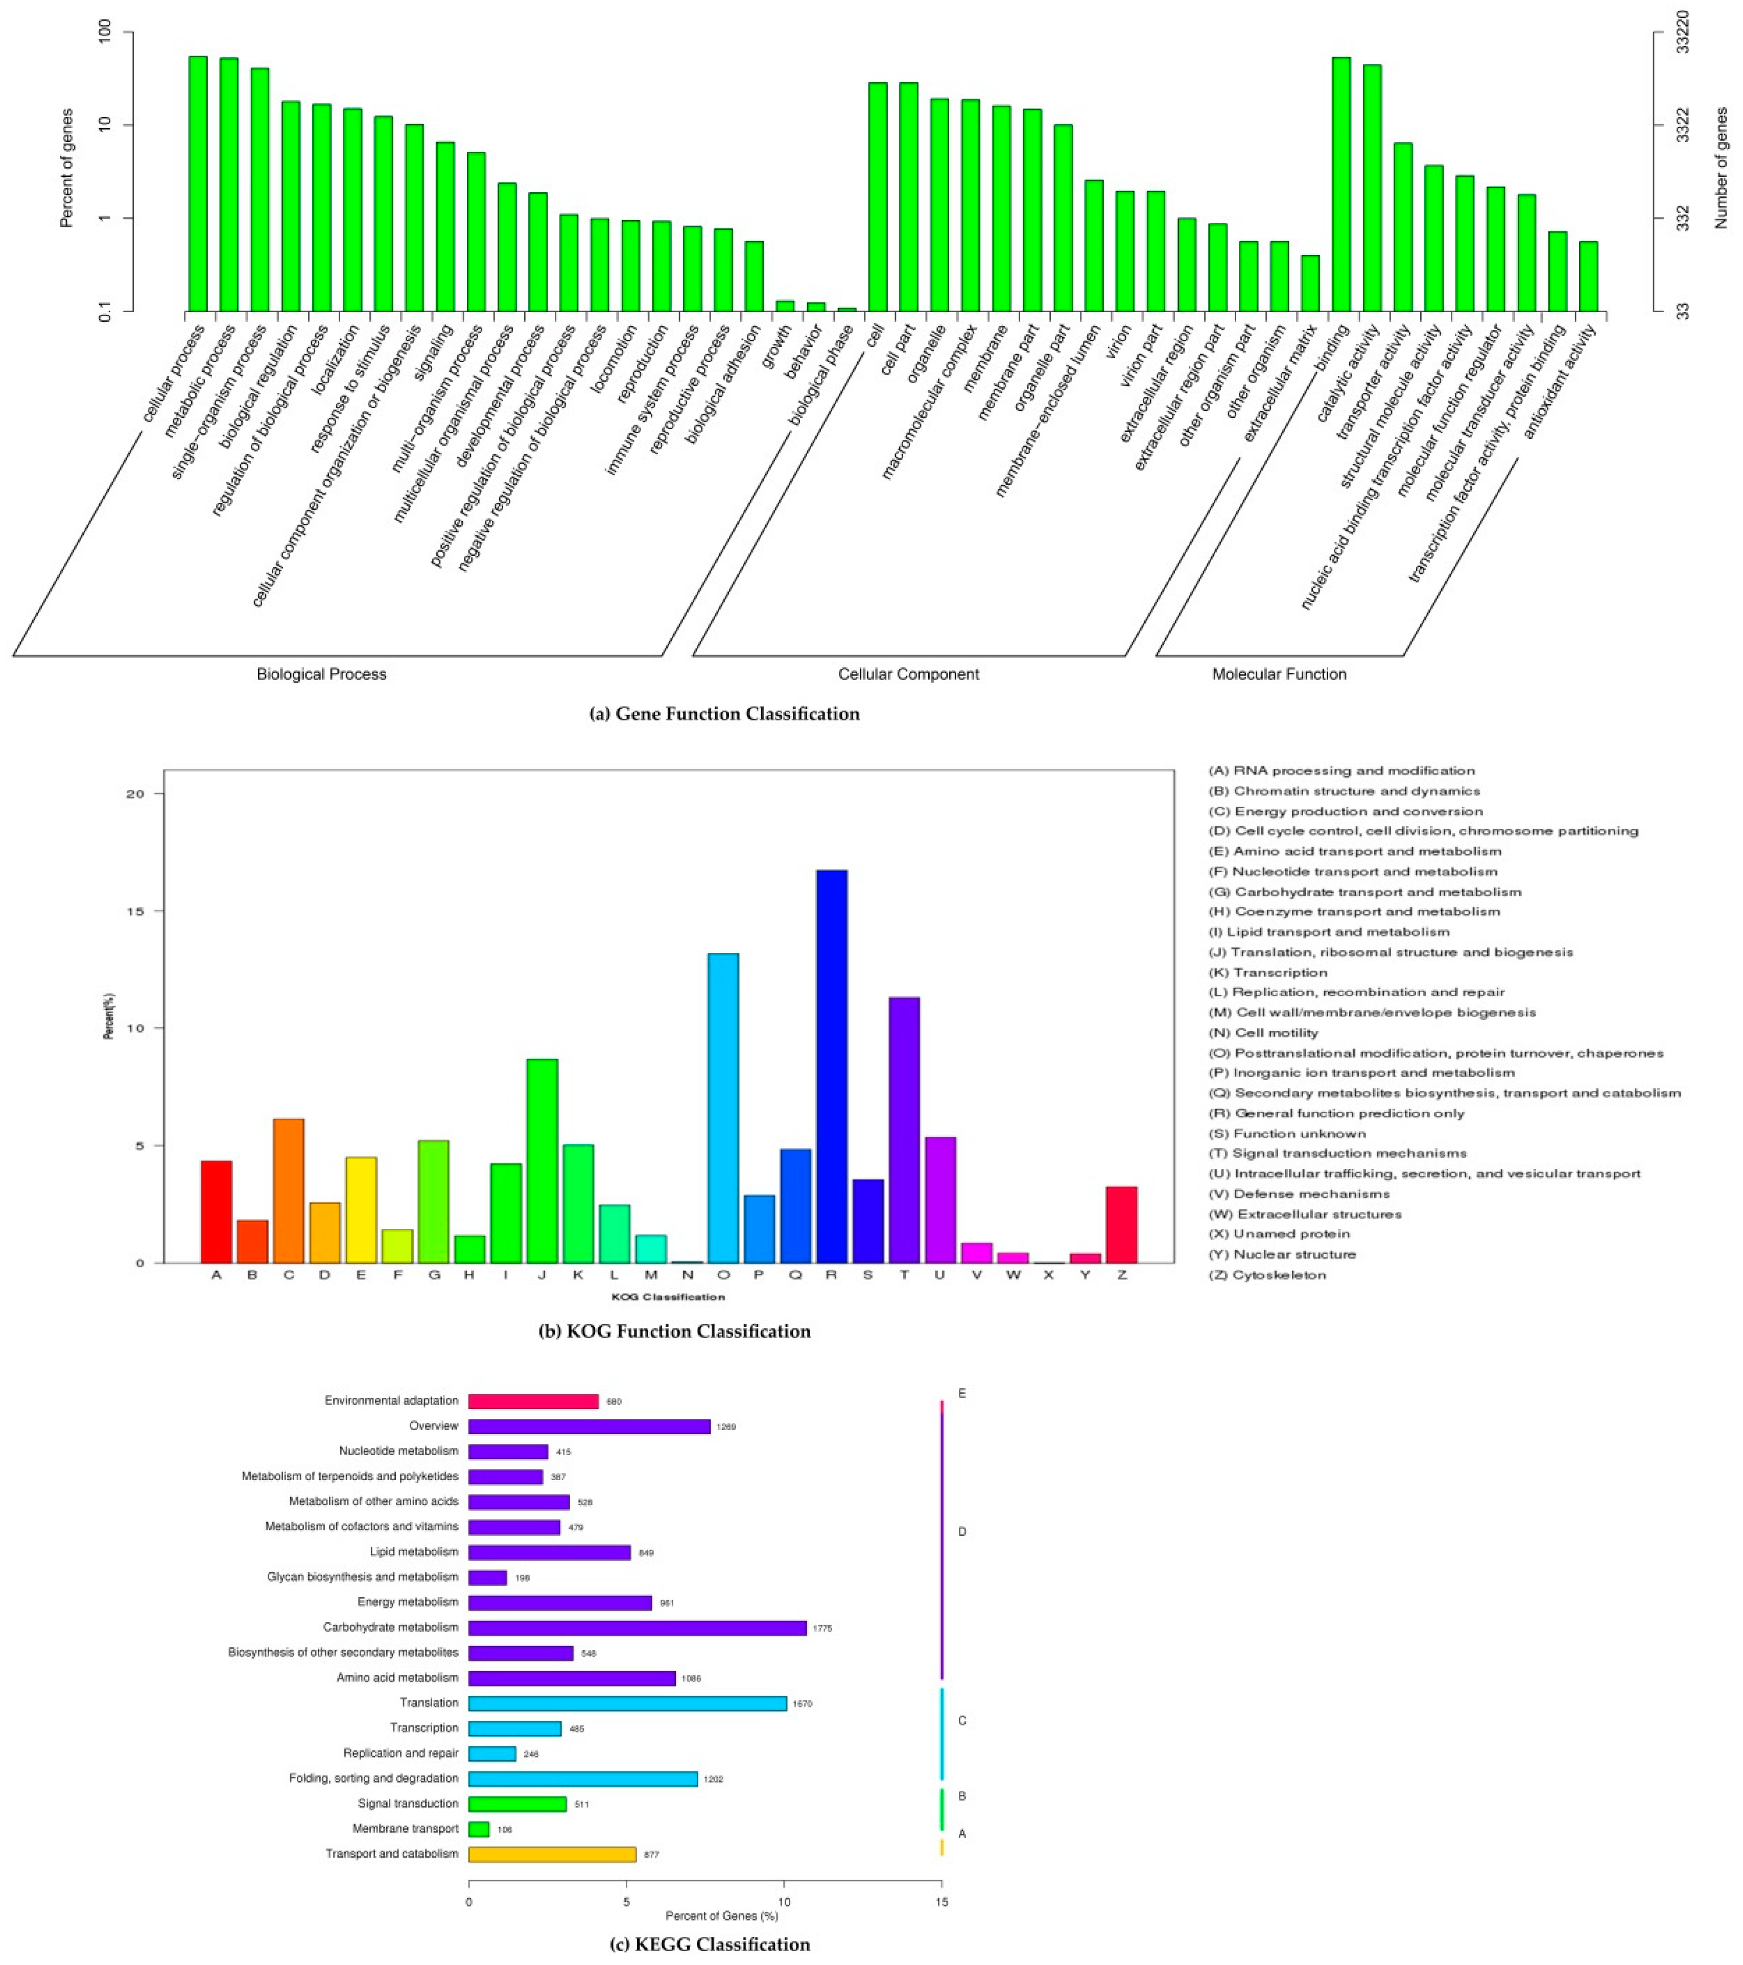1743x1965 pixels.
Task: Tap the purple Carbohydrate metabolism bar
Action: click(637, 1628)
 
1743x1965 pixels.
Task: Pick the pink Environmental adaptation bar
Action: click(533, 1401)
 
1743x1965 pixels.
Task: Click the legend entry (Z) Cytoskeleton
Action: click(1267, 1275)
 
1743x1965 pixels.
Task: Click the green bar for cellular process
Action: click(198, 183)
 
